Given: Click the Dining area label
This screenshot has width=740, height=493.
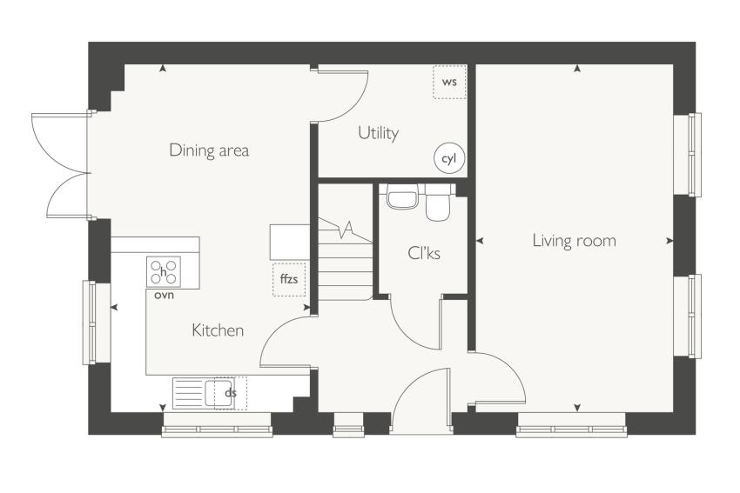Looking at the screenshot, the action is coord(209,150).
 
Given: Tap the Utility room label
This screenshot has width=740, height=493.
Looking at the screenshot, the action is coord(378,133).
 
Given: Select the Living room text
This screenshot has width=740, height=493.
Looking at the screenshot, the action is coord(575,240).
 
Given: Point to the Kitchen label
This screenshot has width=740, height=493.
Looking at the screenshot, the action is coord(218,330).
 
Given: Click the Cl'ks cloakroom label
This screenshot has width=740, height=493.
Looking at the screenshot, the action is coord(424,254).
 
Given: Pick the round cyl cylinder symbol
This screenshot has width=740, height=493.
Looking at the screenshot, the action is coord(449,158).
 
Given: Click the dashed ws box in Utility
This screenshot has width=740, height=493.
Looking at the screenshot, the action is coord(450,82).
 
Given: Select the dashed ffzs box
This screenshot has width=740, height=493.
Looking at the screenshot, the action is coord(289,279).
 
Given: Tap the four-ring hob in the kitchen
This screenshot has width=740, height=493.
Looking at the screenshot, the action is coord(164,272).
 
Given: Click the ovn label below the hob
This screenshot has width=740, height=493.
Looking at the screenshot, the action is coord(164,296).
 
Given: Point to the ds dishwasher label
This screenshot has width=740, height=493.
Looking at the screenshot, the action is coord(230,392).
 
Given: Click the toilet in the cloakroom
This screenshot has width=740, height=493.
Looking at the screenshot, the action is coord(438,203).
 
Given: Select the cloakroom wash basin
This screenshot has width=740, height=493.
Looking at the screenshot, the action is coord(402,196).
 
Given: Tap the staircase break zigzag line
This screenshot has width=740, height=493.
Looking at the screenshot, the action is coord(346,230).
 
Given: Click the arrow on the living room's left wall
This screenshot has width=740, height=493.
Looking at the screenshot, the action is coord(480,241).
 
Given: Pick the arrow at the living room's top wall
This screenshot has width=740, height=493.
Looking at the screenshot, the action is coord(576,69).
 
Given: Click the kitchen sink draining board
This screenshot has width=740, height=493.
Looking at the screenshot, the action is coord(189,393).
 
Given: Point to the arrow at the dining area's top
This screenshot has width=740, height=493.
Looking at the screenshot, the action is coord(163,69).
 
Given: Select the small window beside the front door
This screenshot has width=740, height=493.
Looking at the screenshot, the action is coord(348,424).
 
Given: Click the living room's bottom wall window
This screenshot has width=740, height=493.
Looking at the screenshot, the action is coord(571,424).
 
